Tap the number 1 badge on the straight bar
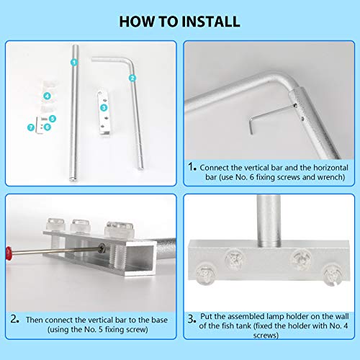click(x=73, y=62)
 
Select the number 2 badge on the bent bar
click(x=132, y=77)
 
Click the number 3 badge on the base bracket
click(x=47, y=95)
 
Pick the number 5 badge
click(x=47, y=127)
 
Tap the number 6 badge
click(x=30, y=127)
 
